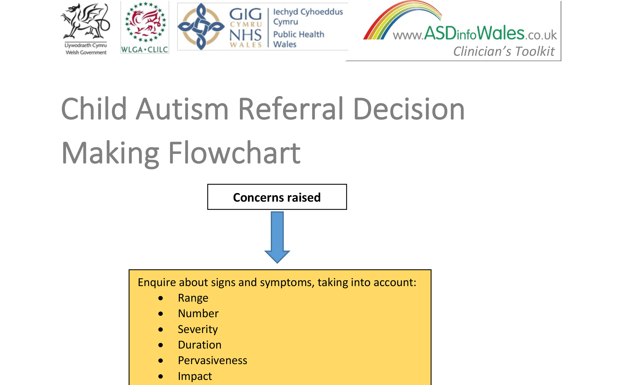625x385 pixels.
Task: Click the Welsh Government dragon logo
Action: pyautogui.click(x=85, y=28)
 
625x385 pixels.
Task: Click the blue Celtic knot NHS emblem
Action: pyautogui.click(x=201, y=27)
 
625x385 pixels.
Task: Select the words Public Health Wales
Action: pyautogui.click(x=299, y=39)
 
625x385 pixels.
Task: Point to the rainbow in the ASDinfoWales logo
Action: pyautogui.click(x=402, y=20)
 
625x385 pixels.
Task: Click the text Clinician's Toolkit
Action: pyautogui.click(x=504, y=51)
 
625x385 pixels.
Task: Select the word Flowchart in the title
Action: pyautogui.click(x=235, y=153)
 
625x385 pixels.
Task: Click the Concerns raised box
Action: pyautogui.click(x=277, y=197)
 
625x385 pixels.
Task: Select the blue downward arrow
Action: pyautogui.click(x=277, y=237)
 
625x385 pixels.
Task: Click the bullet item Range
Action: pyautogui.click(x=193, y=298)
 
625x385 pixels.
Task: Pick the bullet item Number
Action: pyautogui.click(x=198, y=313)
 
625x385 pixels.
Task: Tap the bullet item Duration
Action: pyautogui.click(x=200, y=345)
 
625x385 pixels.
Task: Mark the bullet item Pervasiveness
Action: pyautogui.click(x=213, y=360)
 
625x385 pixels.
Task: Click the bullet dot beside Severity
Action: pyautogui.click(x=161, y=330)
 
